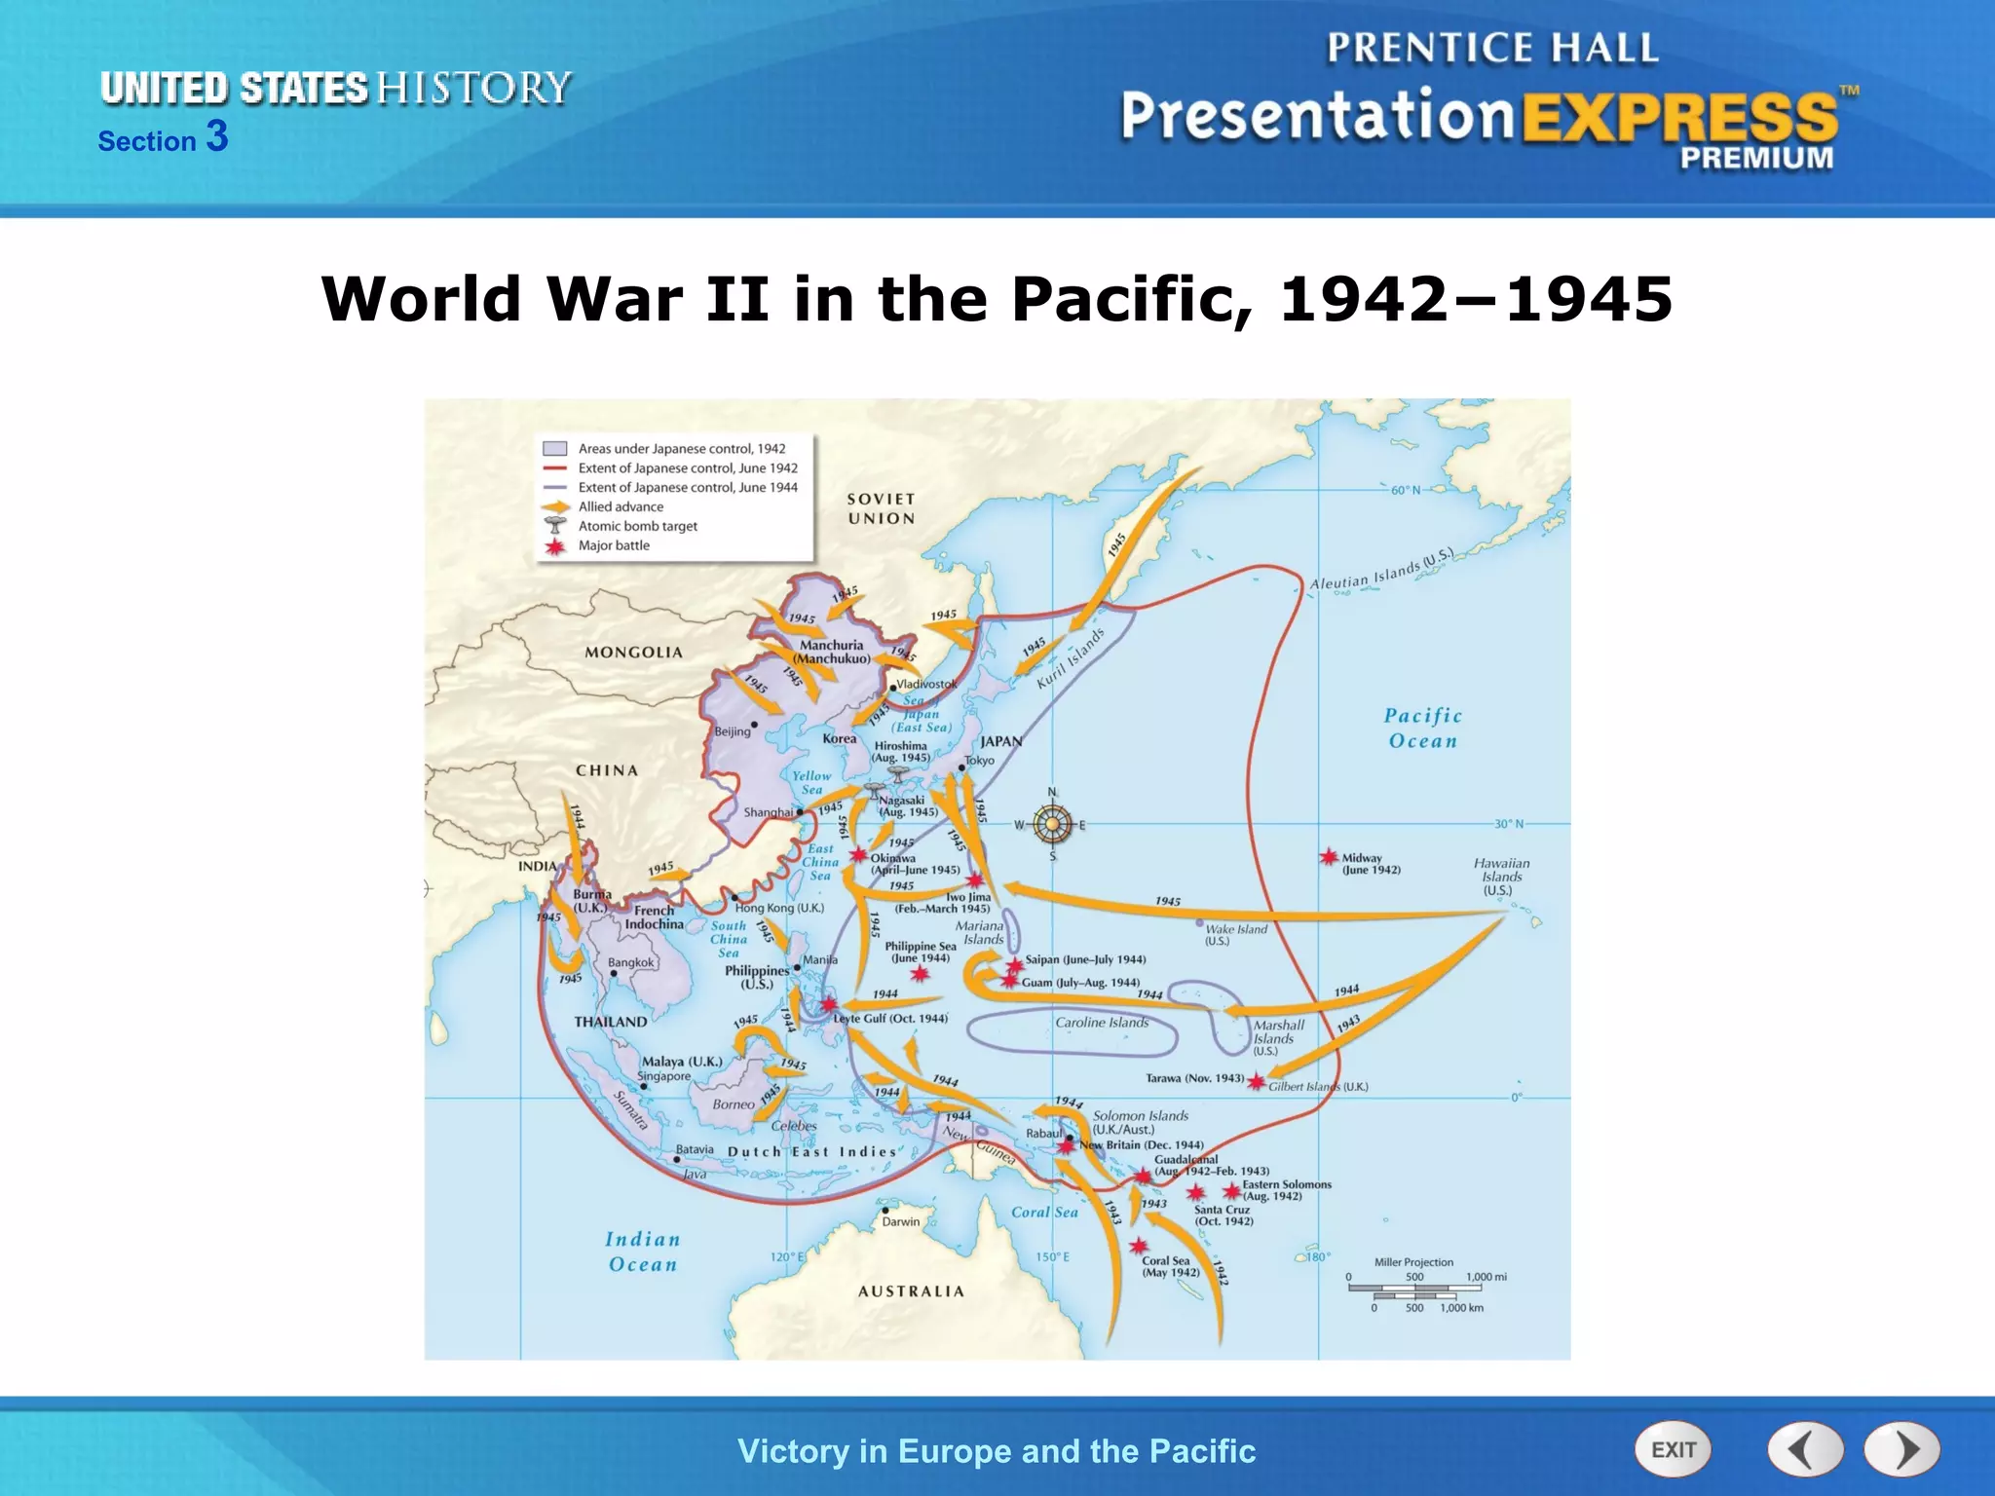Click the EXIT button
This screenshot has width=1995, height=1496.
click(x=1673, y=1449)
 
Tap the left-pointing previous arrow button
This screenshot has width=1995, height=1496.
click(x=1805, y=1449)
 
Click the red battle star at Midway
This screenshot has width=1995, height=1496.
click(x=1329, y=857)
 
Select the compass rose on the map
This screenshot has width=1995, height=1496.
click(x=1052, y=824)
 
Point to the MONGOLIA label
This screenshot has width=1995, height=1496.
click(x=633, y=653)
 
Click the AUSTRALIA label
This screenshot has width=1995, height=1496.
click(x=911, y=1291)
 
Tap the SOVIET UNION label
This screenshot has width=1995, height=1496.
click(x=882, y=508)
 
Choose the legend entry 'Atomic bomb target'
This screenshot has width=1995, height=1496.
click(x=637, y=526)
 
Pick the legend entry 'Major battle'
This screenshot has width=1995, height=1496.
click(x=614, y=545)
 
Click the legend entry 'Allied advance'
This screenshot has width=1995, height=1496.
click(x=621, y=506)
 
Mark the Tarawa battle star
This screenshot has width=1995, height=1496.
click(x=1257, y=1082)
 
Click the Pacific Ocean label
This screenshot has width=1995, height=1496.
click(x=1423, y=728)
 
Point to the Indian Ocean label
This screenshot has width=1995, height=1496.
click(x=643, y=1252)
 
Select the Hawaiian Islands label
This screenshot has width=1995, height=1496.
click(x=1501, y=877)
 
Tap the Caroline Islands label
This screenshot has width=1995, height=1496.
click(x=1102, y=1023)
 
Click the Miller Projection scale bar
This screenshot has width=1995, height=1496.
click(x=1414, y=1290)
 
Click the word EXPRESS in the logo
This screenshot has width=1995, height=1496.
click(x=1680, y=119)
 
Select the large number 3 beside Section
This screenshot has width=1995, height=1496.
click(x=217, y=136)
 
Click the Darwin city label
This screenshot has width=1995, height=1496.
click(x=901, y=1221)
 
